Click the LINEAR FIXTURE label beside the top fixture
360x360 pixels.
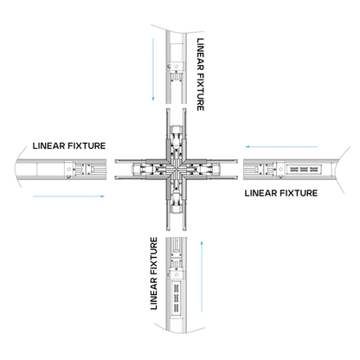click(x=202, y=74)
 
